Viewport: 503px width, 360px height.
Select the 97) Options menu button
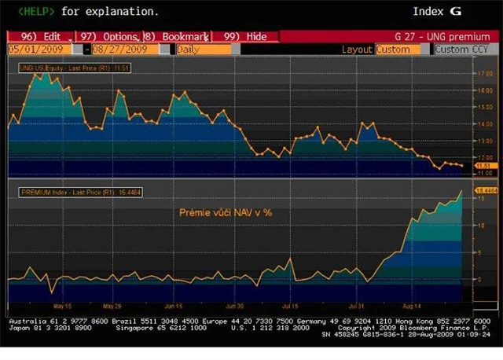pos(109,37)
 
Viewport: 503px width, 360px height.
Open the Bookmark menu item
pos(178,37)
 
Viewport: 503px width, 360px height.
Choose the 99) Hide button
pos(246,37)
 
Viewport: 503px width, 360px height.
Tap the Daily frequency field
pos(203,49)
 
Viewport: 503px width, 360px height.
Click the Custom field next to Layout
pos(402,49)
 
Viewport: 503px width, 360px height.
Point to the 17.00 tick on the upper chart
pos(485,73)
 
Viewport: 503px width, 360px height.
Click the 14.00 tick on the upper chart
pos(485,124)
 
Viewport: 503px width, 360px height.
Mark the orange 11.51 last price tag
pos(484,166)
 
